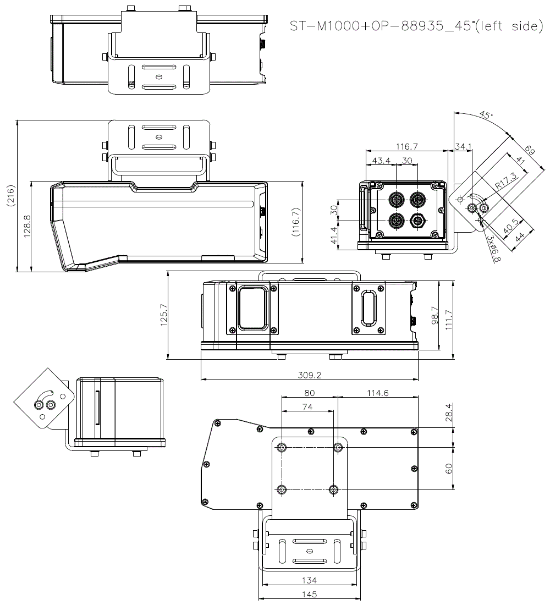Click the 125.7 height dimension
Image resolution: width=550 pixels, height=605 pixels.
[x=163, y=315]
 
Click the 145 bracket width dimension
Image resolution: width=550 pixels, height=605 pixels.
[x=309, y=594]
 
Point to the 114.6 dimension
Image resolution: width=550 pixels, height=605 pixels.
[x=377, y=393]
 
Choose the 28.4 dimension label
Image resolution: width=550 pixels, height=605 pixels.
[x=448, y=413]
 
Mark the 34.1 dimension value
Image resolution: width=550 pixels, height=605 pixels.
[x=463, y=146]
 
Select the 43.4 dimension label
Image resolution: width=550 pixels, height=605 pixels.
[x=381, y=160]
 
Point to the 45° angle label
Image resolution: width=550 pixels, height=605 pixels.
[x=485, y=116]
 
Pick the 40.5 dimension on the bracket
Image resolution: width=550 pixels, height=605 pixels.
[x=510, y=226]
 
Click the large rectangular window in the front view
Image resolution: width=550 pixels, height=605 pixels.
[x=253, y=307]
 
